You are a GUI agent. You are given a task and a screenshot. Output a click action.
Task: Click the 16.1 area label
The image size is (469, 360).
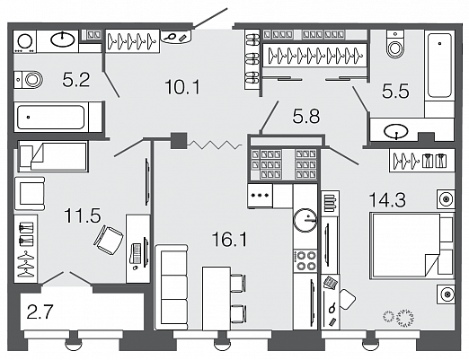pyautogui.click(x=229, y=240)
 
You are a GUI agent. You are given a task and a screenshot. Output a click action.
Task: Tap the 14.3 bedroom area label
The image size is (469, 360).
pyautogui.click(x=387, y=199)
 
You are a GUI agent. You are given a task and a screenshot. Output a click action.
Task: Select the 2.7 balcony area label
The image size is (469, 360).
pyautogui.click(x=40, y=312)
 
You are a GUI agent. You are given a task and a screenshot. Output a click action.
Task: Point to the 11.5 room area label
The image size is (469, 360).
pyautogui.click(x=82, y=215)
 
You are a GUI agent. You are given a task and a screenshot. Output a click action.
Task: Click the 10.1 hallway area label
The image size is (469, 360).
pyautogui.click(x=182, y=87)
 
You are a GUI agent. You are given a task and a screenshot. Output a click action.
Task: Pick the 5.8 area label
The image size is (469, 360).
pyautogui.click(x=306, y=116)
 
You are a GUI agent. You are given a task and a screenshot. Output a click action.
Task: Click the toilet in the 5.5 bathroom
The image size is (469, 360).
pyautogui.click(x=395, y=44)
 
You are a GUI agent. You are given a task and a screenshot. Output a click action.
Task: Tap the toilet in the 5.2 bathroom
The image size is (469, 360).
pyautogui.click(x=29, y=80)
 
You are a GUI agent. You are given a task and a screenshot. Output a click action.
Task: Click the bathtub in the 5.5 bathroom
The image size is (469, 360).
pyautogui.click(x=439, y=66)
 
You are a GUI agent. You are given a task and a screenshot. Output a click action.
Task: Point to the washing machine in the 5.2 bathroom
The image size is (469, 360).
pyautogui.click(x=25, y=41)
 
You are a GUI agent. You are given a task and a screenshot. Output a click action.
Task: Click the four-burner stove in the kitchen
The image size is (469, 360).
pyautogui.click(x=305, y=260)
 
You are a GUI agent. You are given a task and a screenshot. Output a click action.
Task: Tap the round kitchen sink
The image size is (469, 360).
pyautogui.click(x=305, y=220)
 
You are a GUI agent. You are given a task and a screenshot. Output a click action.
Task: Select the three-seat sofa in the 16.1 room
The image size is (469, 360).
pyautogui.click(x=172, y=287)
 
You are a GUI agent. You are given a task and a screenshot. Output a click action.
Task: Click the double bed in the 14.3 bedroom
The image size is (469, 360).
pyautogui.click(x=411, y=246)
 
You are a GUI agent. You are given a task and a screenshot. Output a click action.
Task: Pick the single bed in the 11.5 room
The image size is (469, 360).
pyautogui.click(x=53, y=156)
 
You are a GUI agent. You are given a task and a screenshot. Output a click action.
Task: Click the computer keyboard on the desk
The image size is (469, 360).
pyautogui.click(x=137, y=253)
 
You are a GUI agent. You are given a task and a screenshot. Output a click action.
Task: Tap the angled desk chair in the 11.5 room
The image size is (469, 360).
pyautogui.click(x=109, y=240)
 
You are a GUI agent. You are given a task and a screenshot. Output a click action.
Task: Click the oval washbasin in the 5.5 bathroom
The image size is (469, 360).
pyautogui.click(x=396, y=131)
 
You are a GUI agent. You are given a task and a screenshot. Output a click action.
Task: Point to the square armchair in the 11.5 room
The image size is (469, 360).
pyautogui.click(x=30, y=194)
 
